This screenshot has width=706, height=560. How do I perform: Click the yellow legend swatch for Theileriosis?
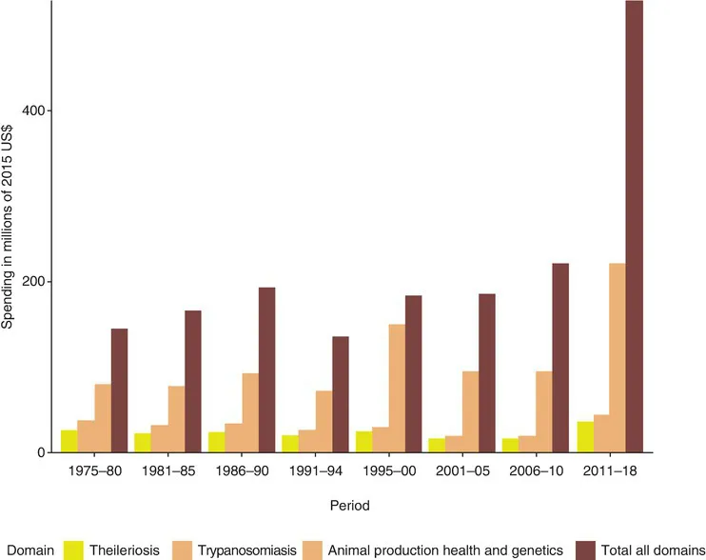click(x=74, y=549)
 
